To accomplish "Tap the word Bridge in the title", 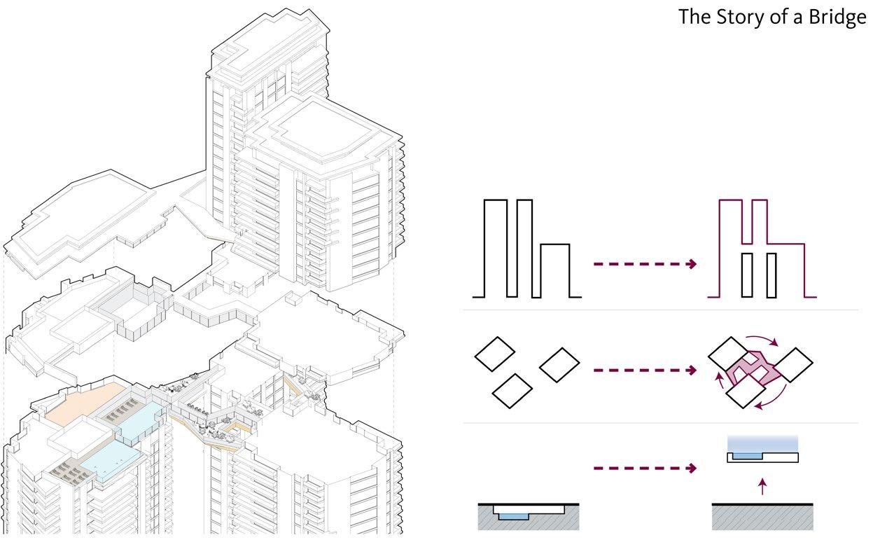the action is tap(837, 18).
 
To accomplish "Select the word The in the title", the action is tap(694, 17).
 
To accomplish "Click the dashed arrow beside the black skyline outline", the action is tap(644, 264).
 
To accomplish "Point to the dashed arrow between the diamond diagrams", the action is tap(644, 370).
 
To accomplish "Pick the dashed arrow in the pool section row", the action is tap(644, 468).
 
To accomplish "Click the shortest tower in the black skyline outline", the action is tap(555, 270).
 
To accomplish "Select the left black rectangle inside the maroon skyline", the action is tap(746, 275).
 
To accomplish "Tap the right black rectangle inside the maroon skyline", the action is tap(771, 275).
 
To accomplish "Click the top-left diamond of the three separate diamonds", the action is tap(495, 354).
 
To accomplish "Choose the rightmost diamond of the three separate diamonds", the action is tap(559, 364).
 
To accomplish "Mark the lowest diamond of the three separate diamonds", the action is tap(512, 391).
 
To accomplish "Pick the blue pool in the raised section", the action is tap(746, 456).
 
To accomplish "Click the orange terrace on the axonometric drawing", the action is tap(81, 406).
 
